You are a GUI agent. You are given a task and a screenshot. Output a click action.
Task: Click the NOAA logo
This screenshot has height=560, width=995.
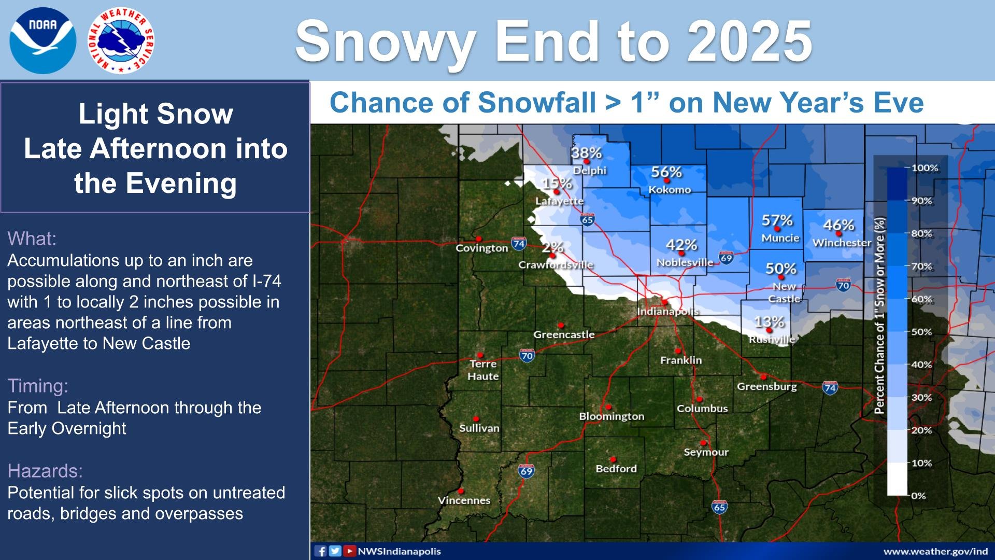[42, 41]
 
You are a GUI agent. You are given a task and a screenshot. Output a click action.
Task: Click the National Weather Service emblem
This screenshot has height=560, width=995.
[121, 41]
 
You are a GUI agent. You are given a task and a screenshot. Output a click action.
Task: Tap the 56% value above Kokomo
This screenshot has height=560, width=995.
[666, 172]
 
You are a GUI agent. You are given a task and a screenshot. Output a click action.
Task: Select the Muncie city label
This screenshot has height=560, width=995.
[780, 238]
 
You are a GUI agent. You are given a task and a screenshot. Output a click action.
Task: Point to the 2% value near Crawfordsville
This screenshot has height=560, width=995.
[553, 247]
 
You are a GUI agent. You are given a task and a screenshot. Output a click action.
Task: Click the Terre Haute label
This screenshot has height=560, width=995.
[483, 370]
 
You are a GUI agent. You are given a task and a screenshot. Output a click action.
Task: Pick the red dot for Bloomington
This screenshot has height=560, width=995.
[608, 407]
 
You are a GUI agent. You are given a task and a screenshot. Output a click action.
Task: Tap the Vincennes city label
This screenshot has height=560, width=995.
[464, 500]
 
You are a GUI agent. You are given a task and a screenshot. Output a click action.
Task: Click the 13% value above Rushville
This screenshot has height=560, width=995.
[769, 322]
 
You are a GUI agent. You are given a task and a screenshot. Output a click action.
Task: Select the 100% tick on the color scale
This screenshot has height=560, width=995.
[925, 168]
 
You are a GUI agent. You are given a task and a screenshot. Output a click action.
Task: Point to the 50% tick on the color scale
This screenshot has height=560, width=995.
[921, 332]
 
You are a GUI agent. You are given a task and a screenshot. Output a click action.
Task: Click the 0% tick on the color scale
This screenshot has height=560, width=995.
[918, 496]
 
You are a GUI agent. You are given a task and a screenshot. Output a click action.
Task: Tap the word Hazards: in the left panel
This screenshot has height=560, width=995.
[45, 471]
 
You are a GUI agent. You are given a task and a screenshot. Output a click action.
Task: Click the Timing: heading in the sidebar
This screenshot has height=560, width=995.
[38, 386]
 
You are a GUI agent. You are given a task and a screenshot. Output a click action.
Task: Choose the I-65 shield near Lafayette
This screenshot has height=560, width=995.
[587, 219]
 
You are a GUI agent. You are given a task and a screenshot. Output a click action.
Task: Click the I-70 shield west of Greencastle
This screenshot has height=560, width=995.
[527, 356]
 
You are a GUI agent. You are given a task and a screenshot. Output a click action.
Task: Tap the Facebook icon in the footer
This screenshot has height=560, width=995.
[321, 551]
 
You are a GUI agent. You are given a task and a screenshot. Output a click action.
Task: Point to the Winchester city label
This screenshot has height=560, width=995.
[842, 243]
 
